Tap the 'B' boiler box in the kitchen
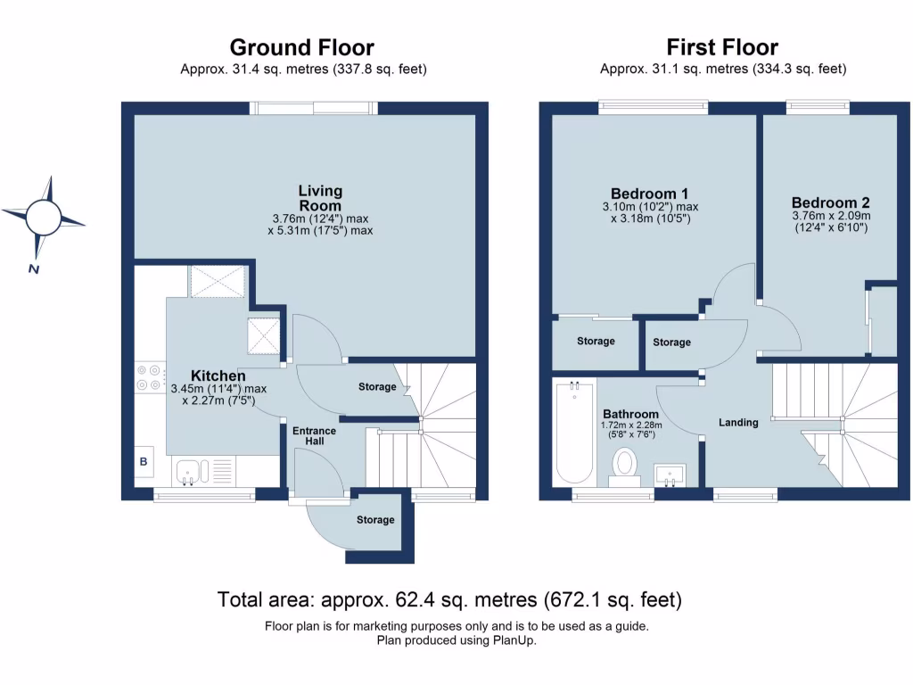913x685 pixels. (143, 462)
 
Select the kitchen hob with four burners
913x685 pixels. (150, 377)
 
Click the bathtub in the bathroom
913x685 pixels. (573, 430)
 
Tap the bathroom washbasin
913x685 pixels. (670, 473)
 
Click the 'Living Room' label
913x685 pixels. (320, 198)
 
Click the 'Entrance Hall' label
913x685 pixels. (315, 437)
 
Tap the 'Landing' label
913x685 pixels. (738, 422)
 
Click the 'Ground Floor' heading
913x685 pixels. (301, 47)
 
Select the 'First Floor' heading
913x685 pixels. (722, 47)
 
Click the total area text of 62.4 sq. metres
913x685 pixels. (449, 598)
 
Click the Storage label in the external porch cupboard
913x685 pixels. (374, 520)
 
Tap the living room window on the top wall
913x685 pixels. (313, 108)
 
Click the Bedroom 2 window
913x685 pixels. (818, 108)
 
